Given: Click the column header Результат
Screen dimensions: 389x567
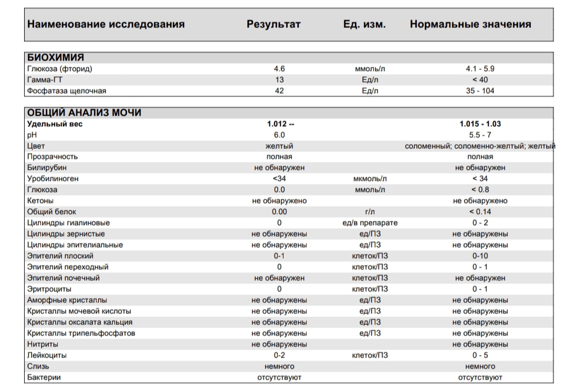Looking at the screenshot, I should point(274,24).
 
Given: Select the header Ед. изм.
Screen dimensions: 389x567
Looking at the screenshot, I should point(364,24).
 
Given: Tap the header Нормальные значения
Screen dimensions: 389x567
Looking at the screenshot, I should point(470,24).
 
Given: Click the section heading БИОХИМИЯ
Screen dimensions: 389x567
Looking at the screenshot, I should point(56,58).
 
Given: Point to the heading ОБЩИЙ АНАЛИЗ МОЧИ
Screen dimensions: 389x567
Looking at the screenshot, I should point(84,112).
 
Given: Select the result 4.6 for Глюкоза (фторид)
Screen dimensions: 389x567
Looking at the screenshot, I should point(279,69).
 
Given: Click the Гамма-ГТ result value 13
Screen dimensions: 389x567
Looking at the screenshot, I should point(279,80).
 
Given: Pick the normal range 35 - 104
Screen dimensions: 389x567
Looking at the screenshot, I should point(480,91).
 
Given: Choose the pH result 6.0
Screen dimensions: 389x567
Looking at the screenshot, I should point(279,135).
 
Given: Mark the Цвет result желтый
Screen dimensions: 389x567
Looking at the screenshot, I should point(279,146).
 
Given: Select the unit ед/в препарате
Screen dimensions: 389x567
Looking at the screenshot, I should point(370,223).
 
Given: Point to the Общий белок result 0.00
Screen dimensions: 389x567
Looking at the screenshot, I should point(279,212).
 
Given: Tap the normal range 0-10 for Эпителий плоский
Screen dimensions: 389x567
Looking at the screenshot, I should point(480,256).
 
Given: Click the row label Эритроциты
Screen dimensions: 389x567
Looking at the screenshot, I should point(49,289).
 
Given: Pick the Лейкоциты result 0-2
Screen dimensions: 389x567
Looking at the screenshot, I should point(279,355).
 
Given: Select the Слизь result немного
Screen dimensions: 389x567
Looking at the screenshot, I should point(279,366).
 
